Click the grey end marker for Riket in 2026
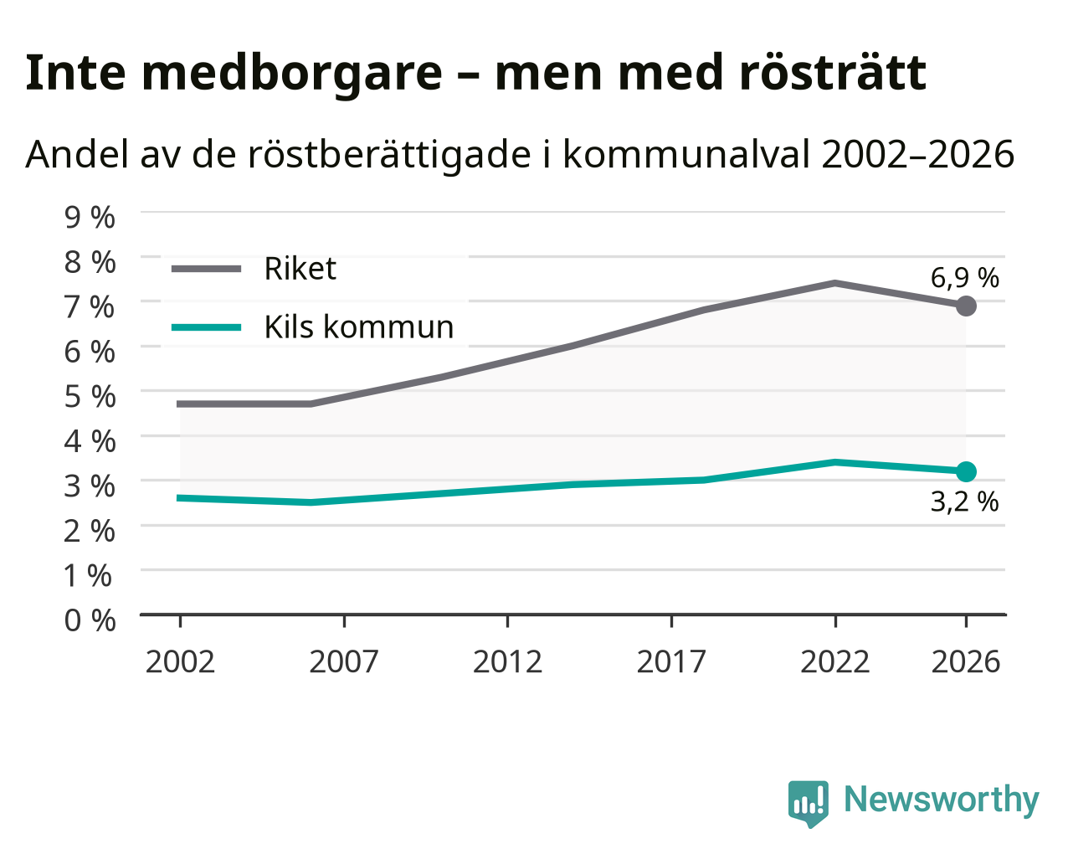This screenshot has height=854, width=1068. pos(966,306)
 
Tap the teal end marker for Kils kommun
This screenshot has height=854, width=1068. pos(966,471)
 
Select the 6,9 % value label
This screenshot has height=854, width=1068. pos(964,278)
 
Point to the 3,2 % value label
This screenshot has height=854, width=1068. pos(964,502)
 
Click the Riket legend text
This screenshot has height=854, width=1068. pos(300,269)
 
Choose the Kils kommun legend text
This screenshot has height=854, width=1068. pos(359,327)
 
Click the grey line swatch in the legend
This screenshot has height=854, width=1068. pos(206,269)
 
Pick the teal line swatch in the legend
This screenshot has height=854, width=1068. pos(206,327)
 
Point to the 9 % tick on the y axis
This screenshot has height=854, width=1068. pos(90,217)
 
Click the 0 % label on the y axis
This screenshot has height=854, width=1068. pos(90,620)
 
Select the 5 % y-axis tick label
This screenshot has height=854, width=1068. pos(90,396)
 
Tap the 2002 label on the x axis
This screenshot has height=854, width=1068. pos(180,661)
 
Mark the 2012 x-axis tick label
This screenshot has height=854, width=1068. pos(507,661)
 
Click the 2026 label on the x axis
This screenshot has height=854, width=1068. pos(965,661)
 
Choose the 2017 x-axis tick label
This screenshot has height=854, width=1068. pos(671,661)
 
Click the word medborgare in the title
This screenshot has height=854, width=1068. pos(292,74)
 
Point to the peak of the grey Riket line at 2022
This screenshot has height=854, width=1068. pos(835,283)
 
